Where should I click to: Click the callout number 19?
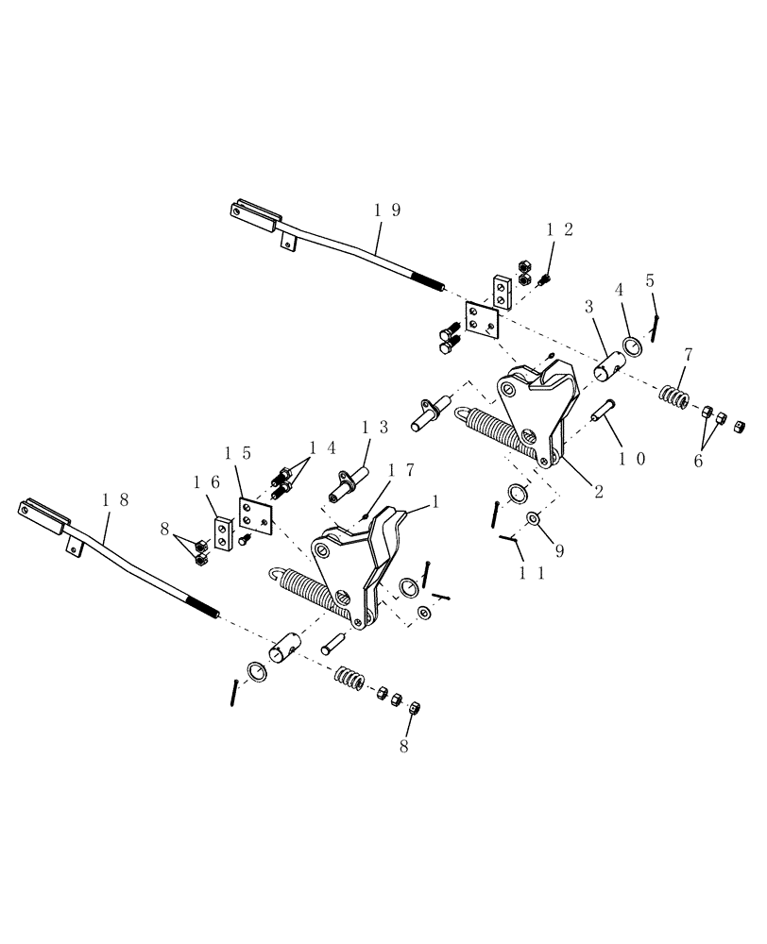[387, 211]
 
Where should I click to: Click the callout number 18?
[118, 500]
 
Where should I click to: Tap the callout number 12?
[560, 229]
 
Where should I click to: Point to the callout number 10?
[632, 459]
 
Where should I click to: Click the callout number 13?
[375, 428]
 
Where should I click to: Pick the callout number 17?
[401, 469]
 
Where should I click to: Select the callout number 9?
[559, 550]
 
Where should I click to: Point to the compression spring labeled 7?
[673, 396]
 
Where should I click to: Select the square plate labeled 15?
[255, 518]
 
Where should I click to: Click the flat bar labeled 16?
[224, 536]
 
